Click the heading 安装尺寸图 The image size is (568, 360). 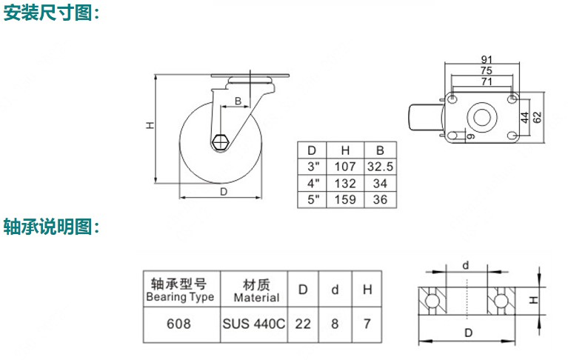[x=52, y=14]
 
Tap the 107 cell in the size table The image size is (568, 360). [x=346, y=166]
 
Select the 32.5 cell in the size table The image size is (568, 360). [x=380, y=166]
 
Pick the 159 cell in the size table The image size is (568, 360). [x=346, y=199]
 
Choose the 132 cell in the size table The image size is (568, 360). [x=346, y=183]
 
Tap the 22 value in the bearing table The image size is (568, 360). [x=302, y=324]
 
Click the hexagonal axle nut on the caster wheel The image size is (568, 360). [x=220, y=141]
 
